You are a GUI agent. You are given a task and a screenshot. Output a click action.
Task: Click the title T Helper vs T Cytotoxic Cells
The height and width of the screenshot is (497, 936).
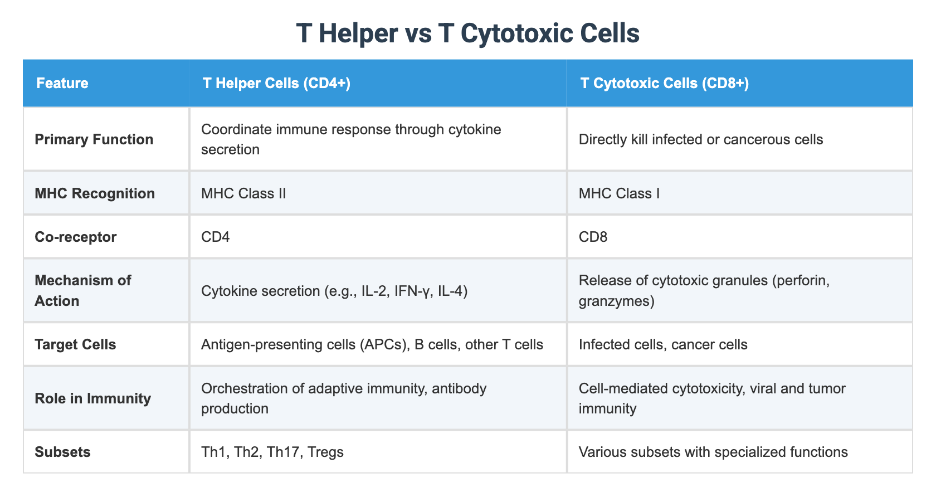click(x=468, y=33)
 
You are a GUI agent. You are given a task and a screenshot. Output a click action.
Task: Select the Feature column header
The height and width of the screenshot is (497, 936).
click(x=62, y=84)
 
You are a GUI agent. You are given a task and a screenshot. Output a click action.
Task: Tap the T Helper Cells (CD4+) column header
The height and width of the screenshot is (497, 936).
click(x=276, y=84)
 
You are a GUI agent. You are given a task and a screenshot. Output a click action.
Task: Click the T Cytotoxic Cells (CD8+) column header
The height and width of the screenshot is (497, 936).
click(x=665, y=84)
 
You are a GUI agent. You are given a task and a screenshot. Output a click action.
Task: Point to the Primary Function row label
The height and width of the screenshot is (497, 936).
click(x=94, y=139)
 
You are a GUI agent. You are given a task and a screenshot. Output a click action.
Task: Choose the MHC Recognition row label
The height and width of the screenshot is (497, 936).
click(x=95, y=193)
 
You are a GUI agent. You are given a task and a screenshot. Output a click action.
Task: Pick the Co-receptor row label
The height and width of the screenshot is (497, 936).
click(x=76, y=237)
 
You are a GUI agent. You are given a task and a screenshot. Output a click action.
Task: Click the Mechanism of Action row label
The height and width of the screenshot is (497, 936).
click(x=82, y=290)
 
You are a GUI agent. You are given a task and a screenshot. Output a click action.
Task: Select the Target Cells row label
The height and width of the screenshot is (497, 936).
click(x=75, y=344)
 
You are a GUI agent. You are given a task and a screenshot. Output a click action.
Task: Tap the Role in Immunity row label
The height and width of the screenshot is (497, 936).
click(x=92, y=398)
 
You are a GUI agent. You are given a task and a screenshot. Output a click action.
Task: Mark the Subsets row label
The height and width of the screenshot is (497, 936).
click(x=62, y=452)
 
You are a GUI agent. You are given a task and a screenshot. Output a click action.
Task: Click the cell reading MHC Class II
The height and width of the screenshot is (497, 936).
click(x=243, y=193)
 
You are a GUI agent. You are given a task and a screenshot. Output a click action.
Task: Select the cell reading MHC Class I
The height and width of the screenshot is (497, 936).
click(x=619, y=193)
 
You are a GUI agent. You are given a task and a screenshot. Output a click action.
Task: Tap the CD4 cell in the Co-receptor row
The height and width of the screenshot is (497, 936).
click(x=216, y=237)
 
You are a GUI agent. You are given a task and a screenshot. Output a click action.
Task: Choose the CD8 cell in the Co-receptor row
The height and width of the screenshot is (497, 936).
click(x=593, y=237)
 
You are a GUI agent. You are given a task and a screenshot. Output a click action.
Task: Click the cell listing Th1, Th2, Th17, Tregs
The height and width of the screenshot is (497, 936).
click(x=272, y=452)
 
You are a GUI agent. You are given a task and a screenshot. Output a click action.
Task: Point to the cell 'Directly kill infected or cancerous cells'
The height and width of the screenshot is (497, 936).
click(x=701, y=139)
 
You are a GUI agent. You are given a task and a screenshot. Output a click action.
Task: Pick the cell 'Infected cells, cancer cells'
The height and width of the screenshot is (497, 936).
click(x=663, y=344)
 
